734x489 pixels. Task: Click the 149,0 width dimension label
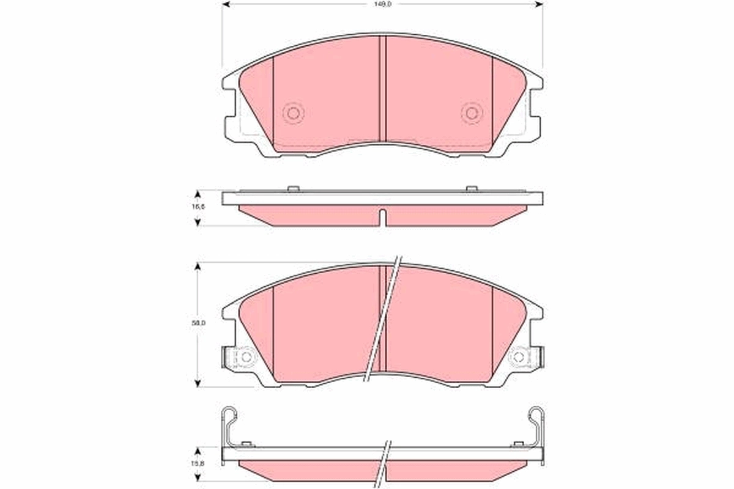pos(383,4)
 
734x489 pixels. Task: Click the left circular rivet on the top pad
pos(293,112)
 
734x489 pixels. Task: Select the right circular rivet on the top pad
pos(472,112)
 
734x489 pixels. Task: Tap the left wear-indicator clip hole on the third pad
pos(246,356)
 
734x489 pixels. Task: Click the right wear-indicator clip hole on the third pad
pos(519,356)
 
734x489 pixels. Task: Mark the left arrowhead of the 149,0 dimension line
pos(225,4)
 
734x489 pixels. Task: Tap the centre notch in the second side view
pos(382,217)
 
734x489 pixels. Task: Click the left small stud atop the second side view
pos(293,188)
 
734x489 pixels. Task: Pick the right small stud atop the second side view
pos(472,188)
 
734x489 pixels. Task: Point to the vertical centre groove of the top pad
pos(382,89)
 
